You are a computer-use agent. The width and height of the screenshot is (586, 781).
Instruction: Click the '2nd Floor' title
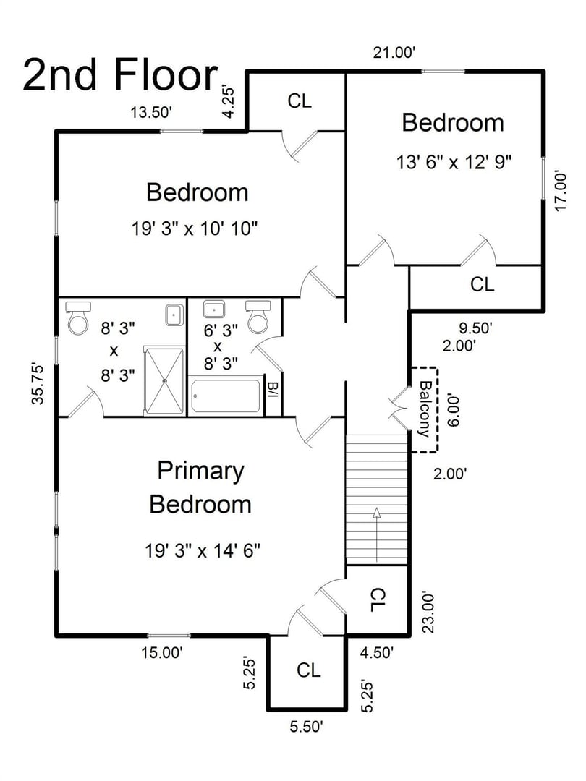[x=120, y=75]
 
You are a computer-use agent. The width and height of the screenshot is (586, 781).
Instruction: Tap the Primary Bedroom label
[x=200, y=487]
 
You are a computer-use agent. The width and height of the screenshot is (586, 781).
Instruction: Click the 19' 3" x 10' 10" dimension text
[x=195, y=229]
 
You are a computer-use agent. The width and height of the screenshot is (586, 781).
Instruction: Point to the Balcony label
[x=425, y=409]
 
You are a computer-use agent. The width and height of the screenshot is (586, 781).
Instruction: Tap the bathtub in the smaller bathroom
[x=226, y=396]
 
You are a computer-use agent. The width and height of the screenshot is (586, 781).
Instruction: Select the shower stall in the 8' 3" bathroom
[x=164, y=380]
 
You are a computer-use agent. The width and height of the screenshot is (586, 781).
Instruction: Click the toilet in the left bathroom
[x=77, y=319]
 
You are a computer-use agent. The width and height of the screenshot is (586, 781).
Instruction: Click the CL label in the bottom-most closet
[x=309, y=670]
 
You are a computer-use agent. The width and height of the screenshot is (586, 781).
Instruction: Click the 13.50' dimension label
[x=150, y=112]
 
